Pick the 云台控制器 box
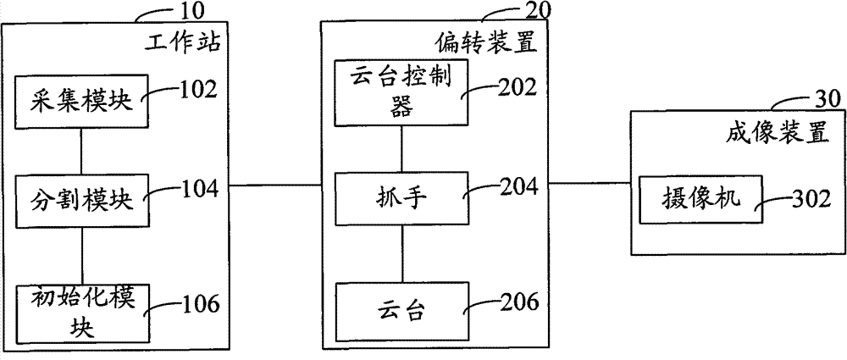click(x=401, y=93)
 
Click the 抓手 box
click(x=401, y=199)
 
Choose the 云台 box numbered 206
click(x=401, y=311)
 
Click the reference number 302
click(x=811, y=199)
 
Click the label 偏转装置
click(x=486, y=42)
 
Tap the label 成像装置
click(x=778, y=133)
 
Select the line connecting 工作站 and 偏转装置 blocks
click(x=274, y=185)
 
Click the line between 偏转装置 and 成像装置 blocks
click(x=590, y=183)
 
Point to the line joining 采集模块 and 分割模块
click(x=81, y=152)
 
